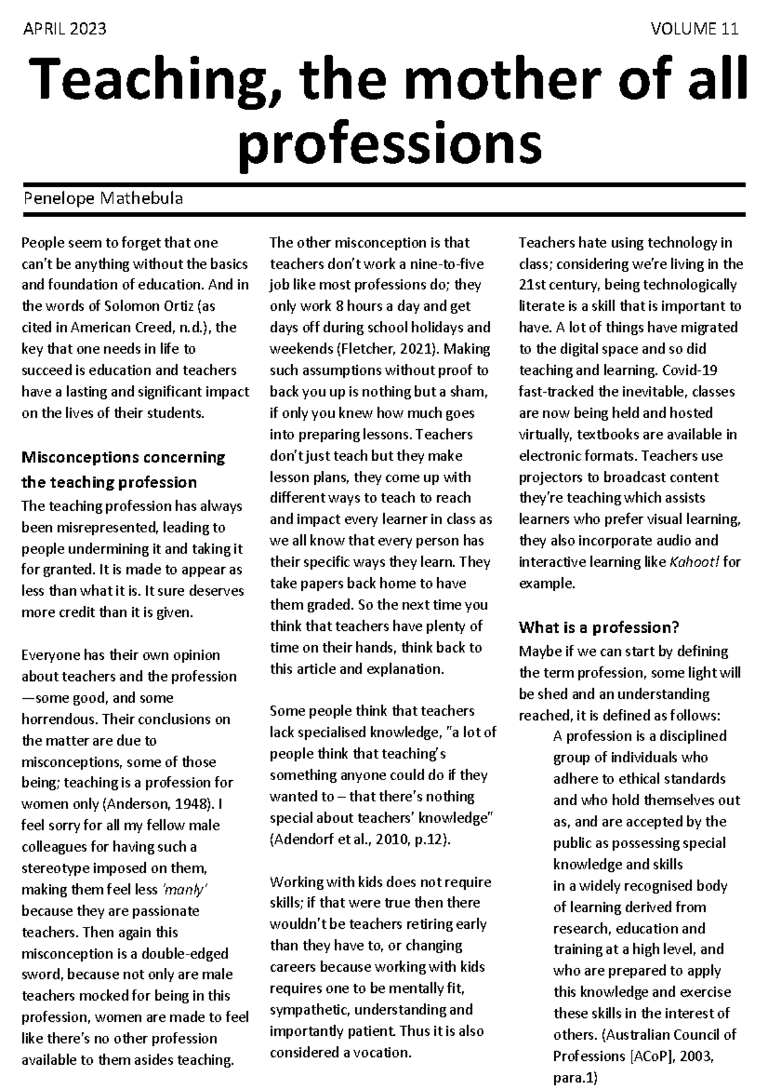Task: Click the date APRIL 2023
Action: (64, 29)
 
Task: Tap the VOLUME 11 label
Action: (694, 29)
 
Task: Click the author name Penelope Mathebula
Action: (102, 198)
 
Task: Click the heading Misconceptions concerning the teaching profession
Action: (123, 470)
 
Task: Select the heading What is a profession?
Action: (598, 626)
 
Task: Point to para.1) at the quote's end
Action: (574, 1077)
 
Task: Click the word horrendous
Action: (59, 719)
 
